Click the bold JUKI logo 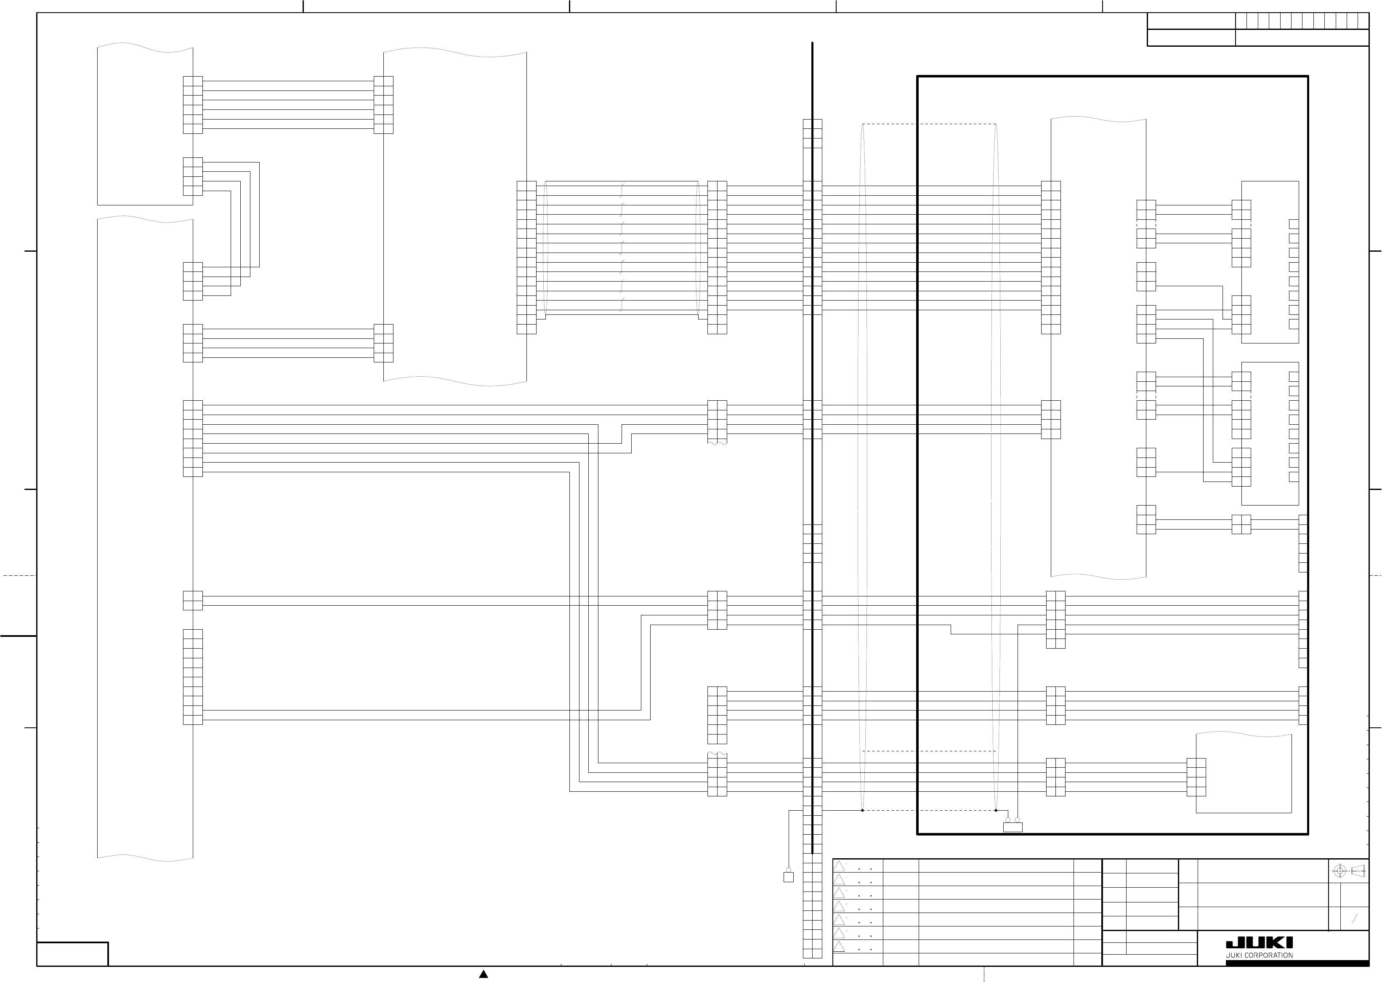pyautogui.click(x=1259, y=943)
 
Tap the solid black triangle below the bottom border pyautogui.click(x=484, y=974)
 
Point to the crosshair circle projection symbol pyautogui.click(x=1339, y=871)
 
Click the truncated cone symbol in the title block pyautogui.click(x=1358, y=871)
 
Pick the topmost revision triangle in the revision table pyautogui.click(x=839, y=866)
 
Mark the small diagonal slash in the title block pyautogui.click(x=1355, y=919)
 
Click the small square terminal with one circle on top pyautogui.click(x=788, y=877)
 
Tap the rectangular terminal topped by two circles pyautogui.click(x=1013, y=827)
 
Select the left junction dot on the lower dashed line pyautogui.click(x=863, y=810)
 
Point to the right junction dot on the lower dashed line pyautogui.click(x=996, y=810)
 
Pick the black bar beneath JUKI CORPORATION pyautogui.click(x=1297, y=963)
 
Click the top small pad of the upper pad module pyautogui.click(x=1294, y=224)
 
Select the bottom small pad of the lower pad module pyautogui.click(x=1294, y=477)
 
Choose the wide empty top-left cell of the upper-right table pyautogui.click(x=1191, y=21)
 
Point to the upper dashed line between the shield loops pyautogui.click(x=929, y=124)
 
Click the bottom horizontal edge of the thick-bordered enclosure pyautogui.click(x=1112, y=834)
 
